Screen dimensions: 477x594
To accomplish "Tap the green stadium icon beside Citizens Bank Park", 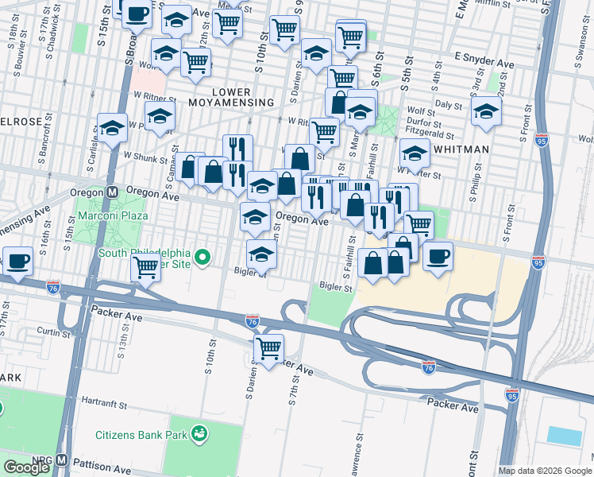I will [x=200, y=434].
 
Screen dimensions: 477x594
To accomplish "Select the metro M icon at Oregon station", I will [x=113, y=192].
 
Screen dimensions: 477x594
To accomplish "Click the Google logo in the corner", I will [x=26, y=467].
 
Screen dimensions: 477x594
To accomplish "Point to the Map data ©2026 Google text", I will [x=545, y=471].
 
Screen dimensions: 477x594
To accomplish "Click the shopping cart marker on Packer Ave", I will [x=269, y=347].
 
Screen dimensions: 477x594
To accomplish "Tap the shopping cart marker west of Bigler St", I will [x=145, y=267].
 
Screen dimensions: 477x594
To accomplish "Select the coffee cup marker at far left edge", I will [x=17, y=259].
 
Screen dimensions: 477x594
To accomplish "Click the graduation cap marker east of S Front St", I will [x=486, y=111].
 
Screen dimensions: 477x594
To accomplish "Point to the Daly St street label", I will [x=449, y=104].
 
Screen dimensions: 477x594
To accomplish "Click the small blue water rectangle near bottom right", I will [x=564, y=436].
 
